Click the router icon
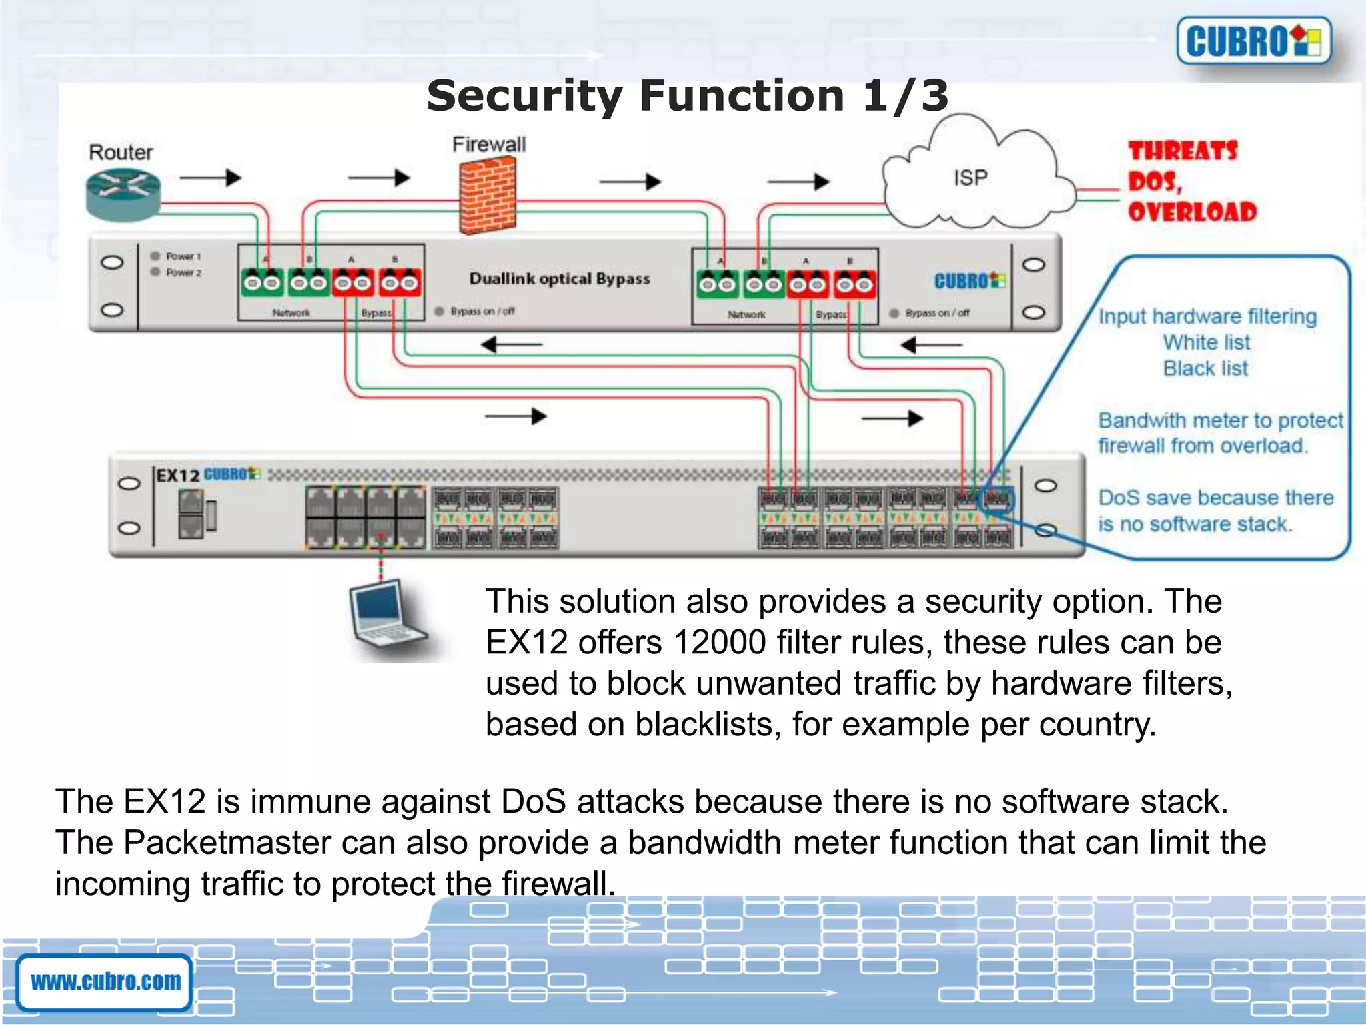[x=123, y=194]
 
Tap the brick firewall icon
[x=488, y=196]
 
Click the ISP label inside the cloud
[x=970, y=178]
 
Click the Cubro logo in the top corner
[x=1253, y=41]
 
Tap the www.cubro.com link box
[x=105, y=981]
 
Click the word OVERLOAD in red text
[x=1192, y=212]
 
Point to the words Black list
[x=1205, y=368]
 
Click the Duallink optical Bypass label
[x=559, y=279]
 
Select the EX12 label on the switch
[x=177, y=476]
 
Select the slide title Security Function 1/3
[x=687, y=95]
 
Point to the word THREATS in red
[x=1183, y=151]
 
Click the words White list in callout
[x=1206, y=342]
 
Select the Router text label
[x=121, y=153]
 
